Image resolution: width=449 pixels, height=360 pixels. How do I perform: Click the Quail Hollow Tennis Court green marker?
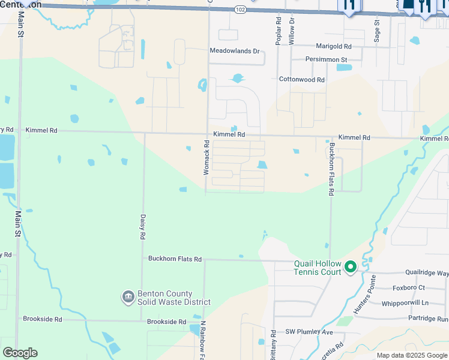[350, 267]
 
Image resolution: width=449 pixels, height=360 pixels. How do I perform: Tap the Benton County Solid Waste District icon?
[127, 297]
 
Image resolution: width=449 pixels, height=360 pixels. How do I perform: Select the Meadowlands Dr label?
[234, 51]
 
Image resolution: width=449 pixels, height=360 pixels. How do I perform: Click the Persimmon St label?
[327, 60]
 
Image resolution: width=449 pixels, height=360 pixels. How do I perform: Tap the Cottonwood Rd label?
[301, 79]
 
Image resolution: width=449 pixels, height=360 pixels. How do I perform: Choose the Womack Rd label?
[206, 157]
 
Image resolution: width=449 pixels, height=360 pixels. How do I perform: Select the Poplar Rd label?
[279, 31]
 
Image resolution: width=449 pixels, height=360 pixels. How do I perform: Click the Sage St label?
[377, 30]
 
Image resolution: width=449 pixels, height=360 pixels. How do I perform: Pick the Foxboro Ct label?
[408, 288]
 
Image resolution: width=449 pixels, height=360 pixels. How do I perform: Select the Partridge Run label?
[427, 319]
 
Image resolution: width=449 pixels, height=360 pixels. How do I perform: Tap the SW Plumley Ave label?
[309, 332]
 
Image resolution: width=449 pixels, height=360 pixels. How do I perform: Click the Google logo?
[20, 353]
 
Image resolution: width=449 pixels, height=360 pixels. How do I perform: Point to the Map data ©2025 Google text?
[412, 355]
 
